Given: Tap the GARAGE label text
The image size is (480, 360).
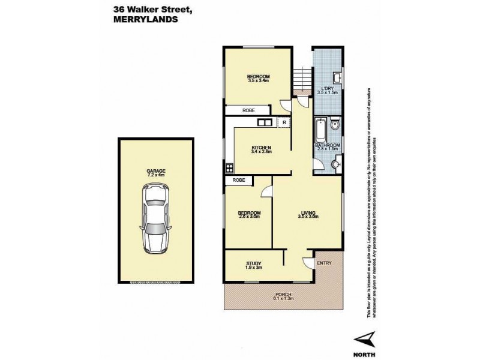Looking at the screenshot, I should pyautogui.click(x=155, y=170).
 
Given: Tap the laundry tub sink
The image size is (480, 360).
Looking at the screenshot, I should pyautogui.click(x=337, y=78).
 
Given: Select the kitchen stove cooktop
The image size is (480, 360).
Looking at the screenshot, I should pyautogui.click(x=229, y=168).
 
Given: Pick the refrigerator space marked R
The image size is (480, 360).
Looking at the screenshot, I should pyautogui.click(x=284, y=122).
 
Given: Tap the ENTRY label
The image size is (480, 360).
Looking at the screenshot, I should pyautogui.click(x=323, y=263).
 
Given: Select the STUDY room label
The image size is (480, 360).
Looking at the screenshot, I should pyautogui.click(x=253, y=263).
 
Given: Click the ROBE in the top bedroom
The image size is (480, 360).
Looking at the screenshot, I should pyautogui.click(x=248, y=110).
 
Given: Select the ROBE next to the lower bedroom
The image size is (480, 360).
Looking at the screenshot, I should pyautogui.click(x=238, y=180).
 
